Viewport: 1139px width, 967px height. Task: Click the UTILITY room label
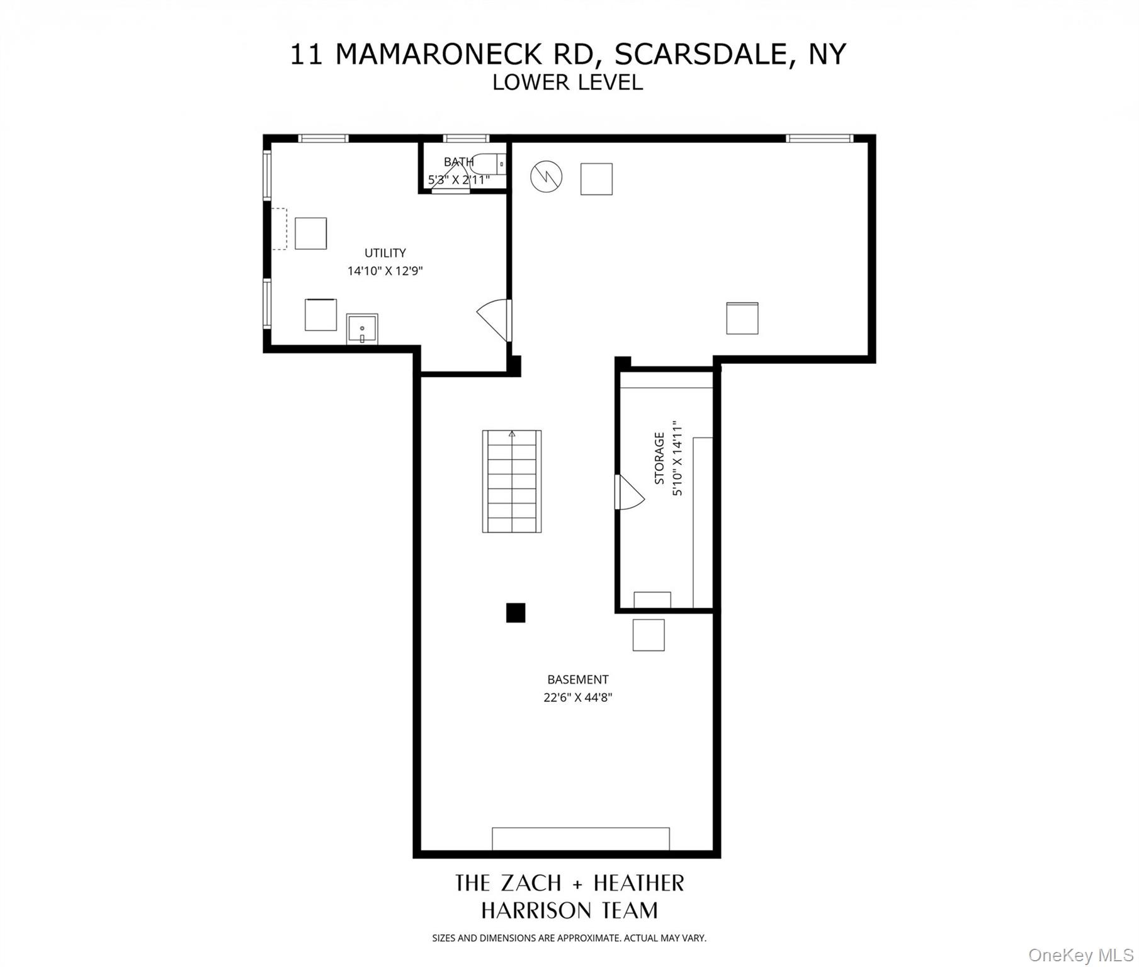[385, 253]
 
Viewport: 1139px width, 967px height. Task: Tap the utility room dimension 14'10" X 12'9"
[385, 271]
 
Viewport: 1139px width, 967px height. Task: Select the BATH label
[458, 162]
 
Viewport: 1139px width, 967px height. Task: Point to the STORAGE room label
[659, 458]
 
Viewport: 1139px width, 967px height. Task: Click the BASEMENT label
[577, 679]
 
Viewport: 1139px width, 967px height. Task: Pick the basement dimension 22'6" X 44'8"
[577, 698]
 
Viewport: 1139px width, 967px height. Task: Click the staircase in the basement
[512, 482]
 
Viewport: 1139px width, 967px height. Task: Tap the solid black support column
[516, 613]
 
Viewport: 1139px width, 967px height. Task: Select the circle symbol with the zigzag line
[546, 177]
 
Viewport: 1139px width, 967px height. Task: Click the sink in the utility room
[362, 329]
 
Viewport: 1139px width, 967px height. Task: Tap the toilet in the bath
[489, 164]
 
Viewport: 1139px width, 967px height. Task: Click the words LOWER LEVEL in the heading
[567, 82]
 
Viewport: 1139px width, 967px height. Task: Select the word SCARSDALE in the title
[701, 54]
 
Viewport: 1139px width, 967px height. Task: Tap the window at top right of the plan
[819, 139]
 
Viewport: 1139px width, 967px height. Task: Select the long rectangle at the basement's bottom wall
[581, 839]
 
